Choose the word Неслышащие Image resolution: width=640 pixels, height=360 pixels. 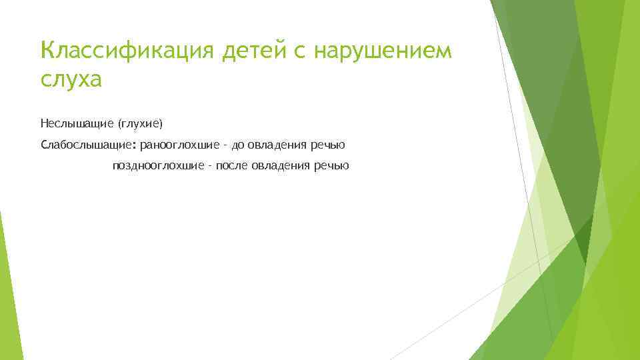click(77, 123)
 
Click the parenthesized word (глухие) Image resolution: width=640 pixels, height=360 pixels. click(140, 123)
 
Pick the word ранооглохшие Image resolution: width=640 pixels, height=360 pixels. click(179, 145)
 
